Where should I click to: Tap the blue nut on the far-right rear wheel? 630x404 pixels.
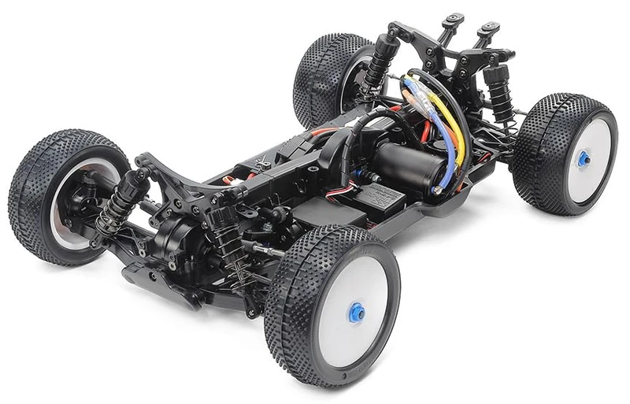click(x=584, y=158)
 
